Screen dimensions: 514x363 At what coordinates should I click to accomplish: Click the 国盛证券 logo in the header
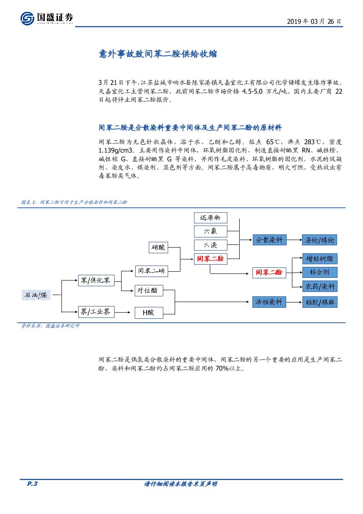pos(47,18)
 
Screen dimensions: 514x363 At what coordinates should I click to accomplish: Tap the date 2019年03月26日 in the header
pos(313,21)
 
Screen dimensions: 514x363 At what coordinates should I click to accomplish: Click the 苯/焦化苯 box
pos(96,280)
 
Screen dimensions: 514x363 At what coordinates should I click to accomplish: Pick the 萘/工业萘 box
pos(96,312)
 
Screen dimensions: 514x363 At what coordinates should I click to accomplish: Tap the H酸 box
pos(149,313)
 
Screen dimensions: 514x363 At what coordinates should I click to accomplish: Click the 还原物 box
pos(211,218)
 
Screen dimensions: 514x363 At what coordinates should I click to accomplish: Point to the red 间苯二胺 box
pos(211,259)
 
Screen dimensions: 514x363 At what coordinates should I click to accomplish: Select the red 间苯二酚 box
pos(269,273)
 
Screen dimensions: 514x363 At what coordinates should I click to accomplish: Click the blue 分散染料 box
pos(270,240)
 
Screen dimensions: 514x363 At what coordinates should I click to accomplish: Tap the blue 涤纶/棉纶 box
pos(320,240)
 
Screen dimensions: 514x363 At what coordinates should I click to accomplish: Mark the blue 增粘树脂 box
pos(320,258)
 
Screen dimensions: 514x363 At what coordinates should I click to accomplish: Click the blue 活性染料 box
pos(270,302)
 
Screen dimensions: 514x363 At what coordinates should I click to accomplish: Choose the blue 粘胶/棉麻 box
pos(320,302)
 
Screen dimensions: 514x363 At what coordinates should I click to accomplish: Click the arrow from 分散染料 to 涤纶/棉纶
pos(294,240)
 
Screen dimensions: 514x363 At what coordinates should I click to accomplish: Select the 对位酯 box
pos(149,291)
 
